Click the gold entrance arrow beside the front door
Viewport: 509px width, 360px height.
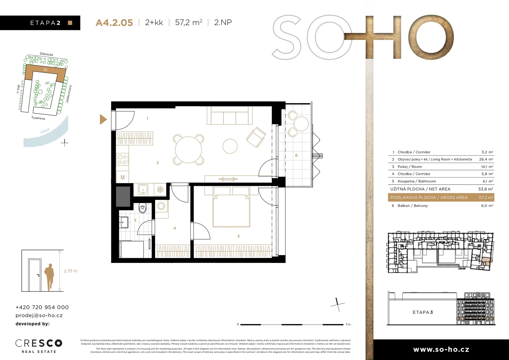103,119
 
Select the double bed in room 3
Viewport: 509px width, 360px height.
231,207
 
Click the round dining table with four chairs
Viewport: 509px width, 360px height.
188,150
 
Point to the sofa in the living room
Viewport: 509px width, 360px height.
230,115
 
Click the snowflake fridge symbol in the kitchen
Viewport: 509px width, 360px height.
160,189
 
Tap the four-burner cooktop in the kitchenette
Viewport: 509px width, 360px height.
123,159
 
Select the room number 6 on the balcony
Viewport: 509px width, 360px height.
296,155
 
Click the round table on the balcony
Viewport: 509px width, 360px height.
301,124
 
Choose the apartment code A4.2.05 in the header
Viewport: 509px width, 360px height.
114,23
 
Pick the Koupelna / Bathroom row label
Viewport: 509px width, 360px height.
417,181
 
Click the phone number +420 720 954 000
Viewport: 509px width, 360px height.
42,307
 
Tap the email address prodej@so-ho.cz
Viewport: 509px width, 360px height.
39,315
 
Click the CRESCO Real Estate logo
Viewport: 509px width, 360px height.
39,346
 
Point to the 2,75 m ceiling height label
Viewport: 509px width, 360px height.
71,271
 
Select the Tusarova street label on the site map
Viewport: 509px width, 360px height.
38,118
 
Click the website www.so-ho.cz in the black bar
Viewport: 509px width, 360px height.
441,349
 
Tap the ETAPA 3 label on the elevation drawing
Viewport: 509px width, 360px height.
423,312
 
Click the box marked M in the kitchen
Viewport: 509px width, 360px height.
123,177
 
